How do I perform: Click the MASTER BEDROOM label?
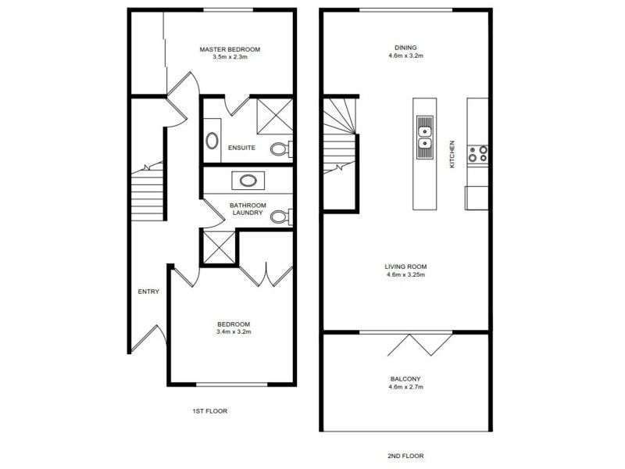point(229,49)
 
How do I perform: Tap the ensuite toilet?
point(280,149)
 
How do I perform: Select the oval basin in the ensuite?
point(212,141)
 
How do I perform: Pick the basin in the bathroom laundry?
point(248,181)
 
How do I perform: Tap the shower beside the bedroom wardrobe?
point(219,247)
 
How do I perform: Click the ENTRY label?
point(148,292)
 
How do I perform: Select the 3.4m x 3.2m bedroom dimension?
point(234,332)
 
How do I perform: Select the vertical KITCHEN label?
point(452,155)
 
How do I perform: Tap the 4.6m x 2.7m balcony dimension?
point(405,386)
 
